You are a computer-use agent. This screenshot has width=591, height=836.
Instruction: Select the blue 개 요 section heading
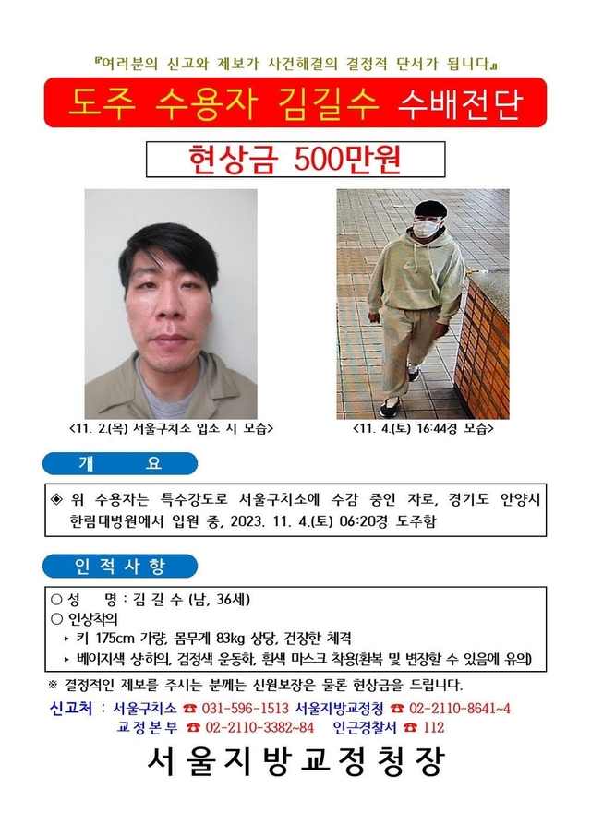tap(121, 463)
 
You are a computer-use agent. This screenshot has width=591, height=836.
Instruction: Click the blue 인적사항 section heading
tap(121, 566)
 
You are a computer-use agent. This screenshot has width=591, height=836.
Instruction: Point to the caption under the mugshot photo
tap(172, 430)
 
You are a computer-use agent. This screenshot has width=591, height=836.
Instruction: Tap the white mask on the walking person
tap(425, 228)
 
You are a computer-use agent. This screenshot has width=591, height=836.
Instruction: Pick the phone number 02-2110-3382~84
tap(261, 727)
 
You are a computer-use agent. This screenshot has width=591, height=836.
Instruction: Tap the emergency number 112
tap(432, 727)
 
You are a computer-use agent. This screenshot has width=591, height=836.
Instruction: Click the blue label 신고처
tap(70, 708)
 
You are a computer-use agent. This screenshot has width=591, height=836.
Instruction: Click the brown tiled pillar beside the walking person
tap(484, 341)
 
